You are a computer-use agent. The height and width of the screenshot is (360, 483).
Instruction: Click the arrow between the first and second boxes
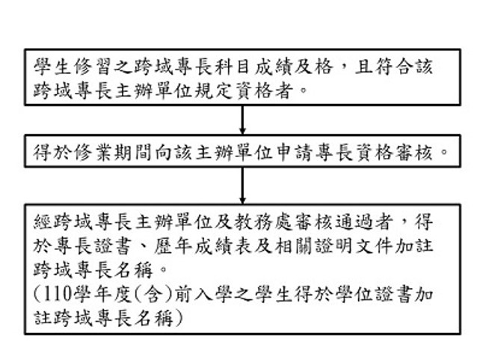point(242,120)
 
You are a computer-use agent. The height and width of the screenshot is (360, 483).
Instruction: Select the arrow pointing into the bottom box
point(242,186)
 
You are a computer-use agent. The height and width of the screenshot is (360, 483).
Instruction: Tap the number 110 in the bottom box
point(56,294)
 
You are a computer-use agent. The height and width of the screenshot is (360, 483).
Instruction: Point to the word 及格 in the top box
point(313,67)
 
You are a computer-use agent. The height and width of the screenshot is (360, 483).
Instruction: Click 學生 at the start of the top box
point(52,67)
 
